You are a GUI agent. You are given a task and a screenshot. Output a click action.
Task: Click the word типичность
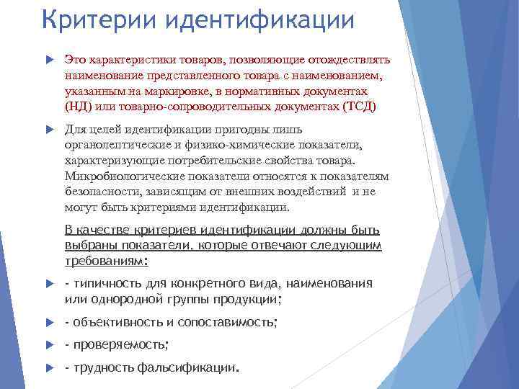109,283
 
